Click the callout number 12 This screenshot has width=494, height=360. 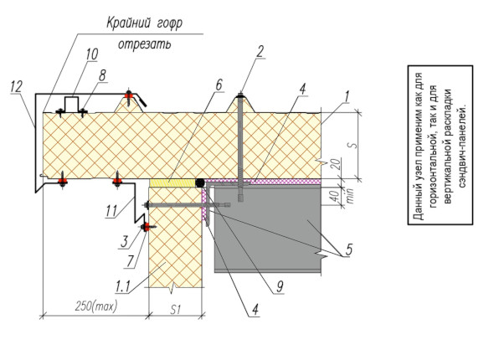(x=17, y=86)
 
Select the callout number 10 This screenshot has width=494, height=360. (x=91, y=54)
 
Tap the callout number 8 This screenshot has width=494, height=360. (x=102, y=75)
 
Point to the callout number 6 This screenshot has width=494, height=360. (x=219, y=85)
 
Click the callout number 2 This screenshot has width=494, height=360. (x=260, y=51)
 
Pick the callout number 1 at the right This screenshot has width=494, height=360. (x=347, y=97)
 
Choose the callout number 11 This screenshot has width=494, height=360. (x=111, y=211)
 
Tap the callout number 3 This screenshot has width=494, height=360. (x=125, y=242)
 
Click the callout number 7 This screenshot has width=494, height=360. (x=131, y=261)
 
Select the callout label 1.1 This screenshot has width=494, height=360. (x=122, y=287)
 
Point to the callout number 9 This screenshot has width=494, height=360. (x=280, y=286)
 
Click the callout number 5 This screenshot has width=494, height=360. (x=348, y=249)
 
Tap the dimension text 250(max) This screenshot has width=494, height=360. (x=95, y=306)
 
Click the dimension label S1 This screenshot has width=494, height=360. (x=176, y=310)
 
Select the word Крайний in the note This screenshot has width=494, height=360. (x=127, y=23)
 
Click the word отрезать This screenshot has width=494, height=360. (x=145, y=44)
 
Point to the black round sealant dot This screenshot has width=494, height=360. (x=200, y=183)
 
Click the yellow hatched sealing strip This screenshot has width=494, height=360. (x=172, y=183)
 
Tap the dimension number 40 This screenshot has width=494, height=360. (x=336, y=196)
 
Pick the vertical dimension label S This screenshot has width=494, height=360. (x=354, y=146)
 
